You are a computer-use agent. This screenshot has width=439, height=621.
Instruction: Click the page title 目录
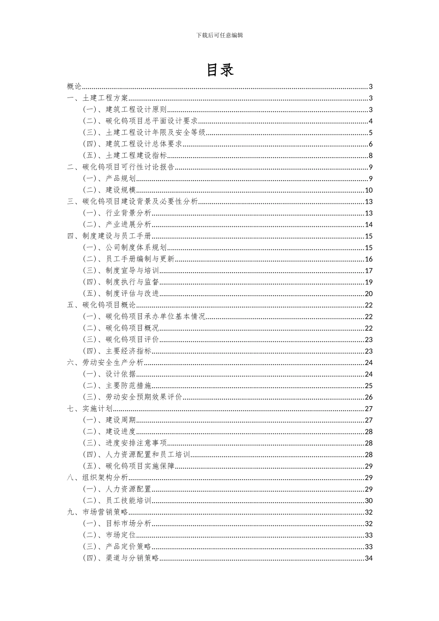pos(219,69)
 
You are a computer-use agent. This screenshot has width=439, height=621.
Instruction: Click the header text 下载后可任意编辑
pos(219,35)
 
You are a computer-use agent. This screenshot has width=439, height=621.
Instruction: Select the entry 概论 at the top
pos(74,86)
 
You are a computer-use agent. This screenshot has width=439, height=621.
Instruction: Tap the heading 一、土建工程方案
pos(98,98)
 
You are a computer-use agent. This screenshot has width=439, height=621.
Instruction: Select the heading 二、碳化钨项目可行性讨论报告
pos(121,167)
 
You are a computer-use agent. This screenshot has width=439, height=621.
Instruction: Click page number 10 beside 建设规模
pos(368,190)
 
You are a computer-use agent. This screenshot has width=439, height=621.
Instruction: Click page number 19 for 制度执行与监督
pos(368,282)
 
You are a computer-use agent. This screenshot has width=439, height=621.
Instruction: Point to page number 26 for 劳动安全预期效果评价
pos(368,397)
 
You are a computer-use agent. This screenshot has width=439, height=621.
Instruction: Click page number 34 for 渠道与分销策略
pos(368,558)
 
